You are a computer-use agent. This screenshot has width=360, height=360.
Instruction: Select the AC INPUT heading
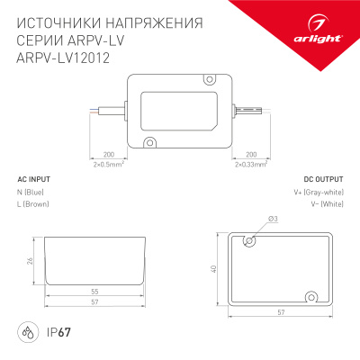click(x=34, y=179)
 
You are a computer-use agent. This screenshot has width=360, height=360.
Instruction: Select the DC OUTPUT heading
click(x=322, y=179)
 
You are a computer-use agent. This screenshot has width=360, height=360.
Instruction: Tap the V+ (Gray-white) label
click(x=318, y=193)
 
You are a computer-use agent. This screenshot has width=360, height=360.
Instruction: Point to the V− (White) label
click(x=325, y=205)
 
